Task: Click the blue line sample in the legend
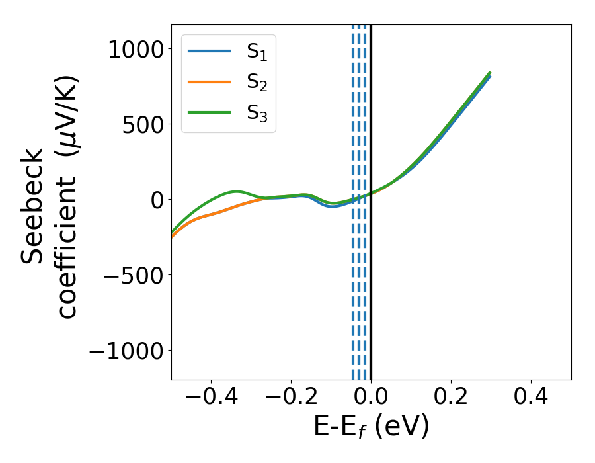(209, 51)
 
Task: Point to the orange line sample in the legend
(209, 81)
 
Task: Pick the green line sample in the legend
(209, 112)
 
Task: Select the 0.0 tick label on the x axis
(372, 397)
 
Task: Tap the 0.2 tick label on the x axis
(452, 397)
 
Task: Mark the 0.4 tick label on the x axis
(532, 397)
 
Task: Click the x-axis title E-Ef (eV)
(371, 427)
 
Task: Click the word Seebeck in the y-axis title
(33, 205)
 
